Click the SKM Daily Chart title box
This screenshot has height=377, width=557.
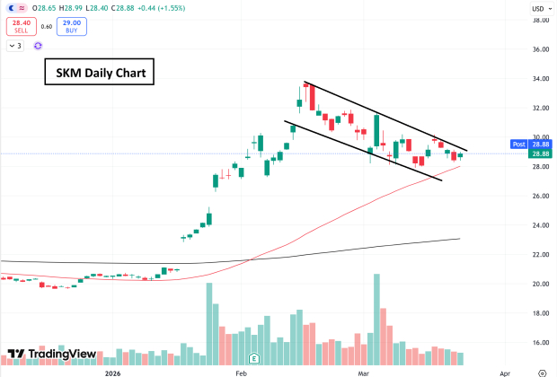[99, 72]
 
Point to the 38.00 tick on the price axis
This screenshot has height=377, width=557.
[541, 20]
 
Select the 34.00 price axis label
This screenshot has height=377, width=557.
[541, 79]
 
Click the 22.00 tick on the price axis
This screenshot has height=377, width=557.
[541, 255]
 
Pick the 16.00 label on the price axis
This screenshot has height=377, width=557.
[541, 343]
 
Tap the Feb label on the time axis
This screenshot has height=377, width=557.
[241, 371]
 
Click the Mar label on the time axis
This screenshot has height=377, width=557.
[364, 371]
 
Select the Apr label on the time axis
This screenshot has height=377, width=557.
[503, 371]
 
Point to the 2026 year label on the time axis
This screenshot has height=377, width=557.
[112, 371]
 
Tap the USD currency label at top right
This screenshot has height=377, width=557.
[539, 8]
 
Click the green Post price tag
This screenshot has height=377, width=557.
[518, 144]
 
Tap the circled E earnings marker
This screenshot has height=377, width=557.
[254, 356]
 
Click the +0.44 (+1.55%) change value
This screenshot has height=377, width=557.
[156, 8]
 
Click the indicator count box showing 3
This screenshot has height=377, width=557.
[16, 44]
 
